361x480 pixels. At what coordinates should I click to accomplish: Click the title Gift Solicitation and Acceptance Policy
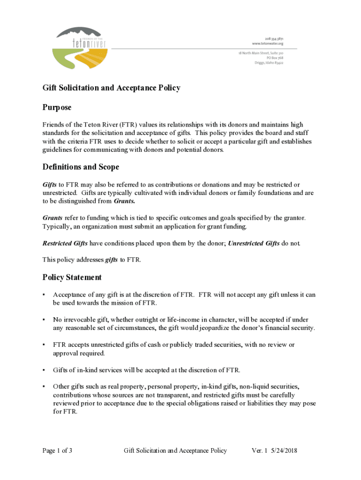coord(111,88)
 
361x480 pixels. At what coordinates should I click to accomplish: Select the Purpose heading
coord(57,108)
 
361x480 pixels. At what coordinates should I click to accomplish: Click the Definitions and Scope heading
coord(81,167)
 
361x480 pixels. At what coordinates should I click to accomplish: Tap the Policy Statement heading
coord(72,277)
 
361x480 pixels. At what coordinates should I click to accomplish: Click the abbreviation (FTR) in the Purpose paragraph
coord(128,125)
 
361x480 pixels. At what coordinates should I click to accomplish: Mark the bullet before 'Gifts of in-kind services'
coord(44,370)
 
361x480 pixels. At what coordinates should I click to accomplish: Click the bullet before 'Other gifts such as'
coord(44,387)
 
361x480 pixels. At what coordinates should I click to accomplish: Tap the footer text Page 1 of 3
coord(57,451)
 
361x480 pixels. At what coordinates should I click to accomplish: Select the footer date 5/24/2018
coord(284,451)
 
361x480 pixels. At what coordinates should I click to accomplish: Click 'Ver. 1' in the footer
coord(259,451)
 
